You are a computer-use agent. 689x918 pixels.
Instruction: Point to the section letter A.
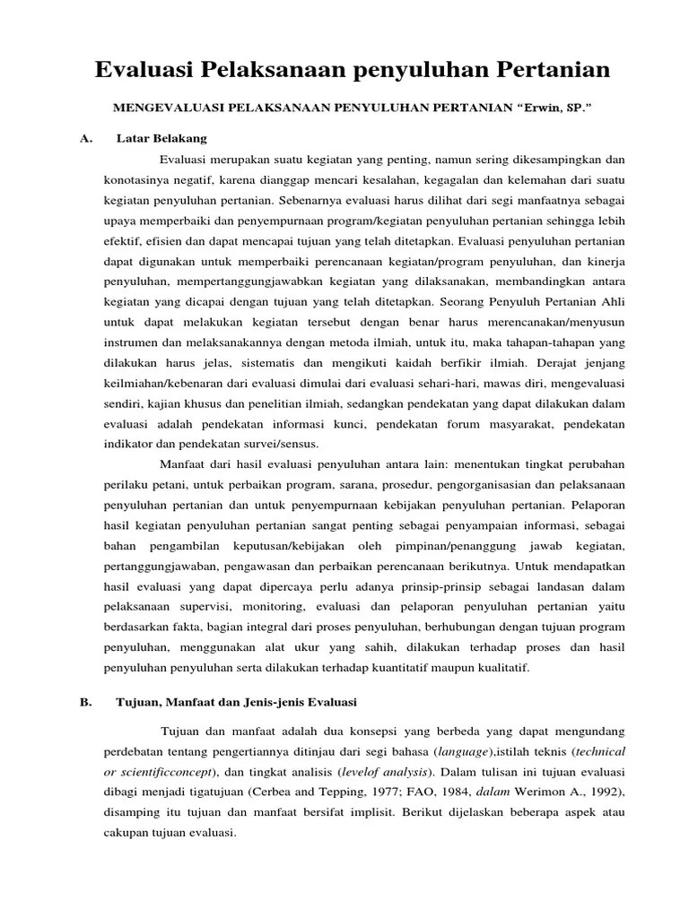point(86,138)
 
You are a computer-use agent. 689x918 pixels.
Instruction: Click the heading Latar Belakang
point(161,138)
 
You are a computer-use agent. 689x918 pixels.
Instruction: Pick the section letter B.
point(86,701)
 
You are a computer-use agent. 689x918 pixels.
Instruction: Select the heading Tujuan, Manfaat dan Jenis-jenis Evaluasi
point(238,701)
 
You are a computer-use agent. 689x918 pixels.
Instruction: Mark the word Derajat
point(563,362)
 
